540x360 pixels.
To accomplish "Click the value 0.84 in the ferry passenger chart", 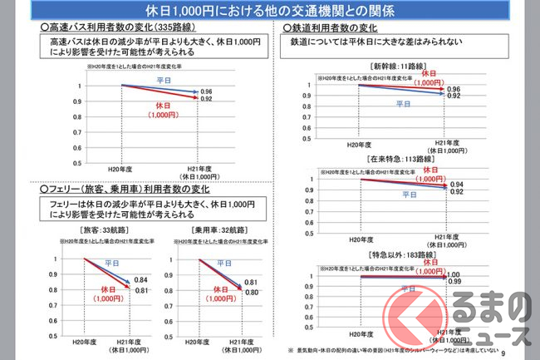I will click(140, 279).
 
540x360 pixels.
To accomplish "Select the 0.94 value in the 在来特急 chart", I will click(455, 185).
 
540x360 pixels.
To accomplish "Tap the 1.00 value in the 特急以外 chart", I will click(454, 275).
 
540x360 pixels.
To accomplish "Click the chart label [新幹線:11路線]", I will click(406, 65).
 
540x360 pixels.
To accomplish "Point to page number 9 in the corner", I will click(526, 353).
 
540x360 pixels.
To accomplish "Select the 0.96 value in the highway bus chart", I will click(207, 91).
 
